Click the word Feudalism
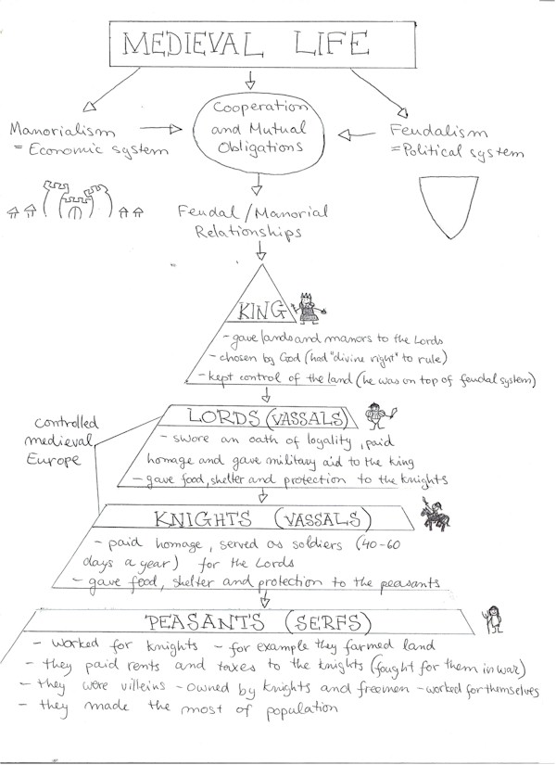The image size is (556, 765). tap(427, 133)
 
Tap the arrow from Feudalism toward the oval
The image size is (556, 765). tap(349, 135)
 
